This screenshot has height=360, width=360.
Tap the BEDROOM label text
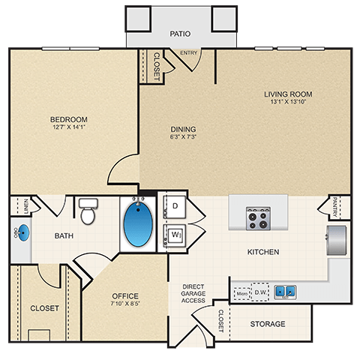69,119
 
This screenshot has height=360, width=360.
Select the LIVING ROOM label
287,94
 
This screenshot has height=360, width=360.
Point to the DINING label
182,127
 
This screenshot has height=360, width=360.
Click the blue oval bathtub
139,224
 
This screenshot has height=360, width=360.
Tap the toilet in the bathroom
88,211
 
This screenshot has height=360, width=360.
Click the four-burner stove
259,219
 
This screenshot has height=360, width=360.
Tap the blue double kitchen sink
284,291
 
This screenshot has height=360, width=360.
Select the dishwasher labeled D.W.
260,291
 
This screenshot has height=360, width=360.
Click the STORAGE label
267,324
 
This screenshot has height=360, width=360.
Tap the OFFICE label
125,295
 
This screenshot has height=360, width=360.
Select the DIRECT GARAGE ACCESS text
193,293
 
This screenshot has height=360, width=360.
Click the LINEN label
25,204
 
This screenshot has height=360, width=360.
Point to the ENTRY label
189,52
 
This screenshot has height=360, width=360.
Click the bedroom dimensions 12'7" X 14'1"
69,127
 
